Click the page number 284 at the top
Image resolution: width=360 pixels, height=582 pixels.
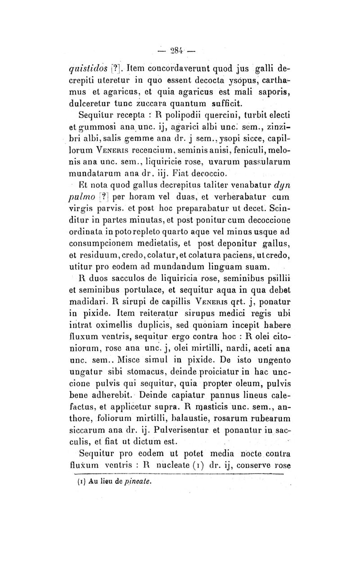[x=180, y=49]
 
